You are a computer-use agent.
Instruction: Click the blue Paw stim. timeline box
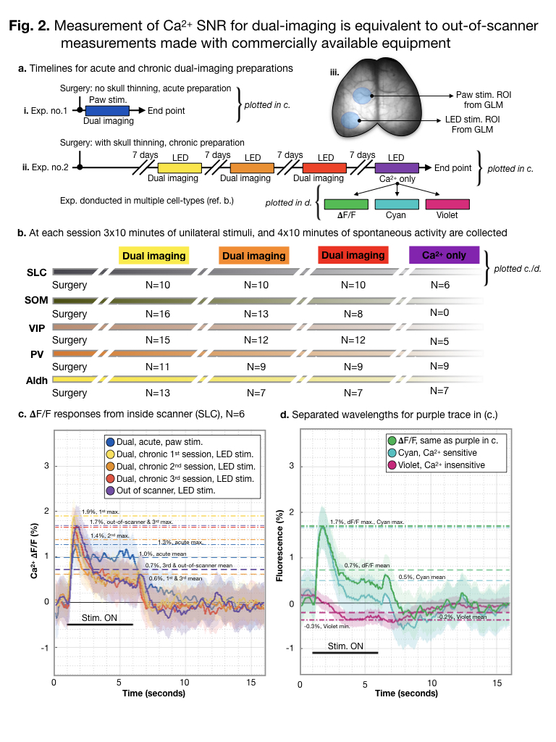click(x=107, y=111)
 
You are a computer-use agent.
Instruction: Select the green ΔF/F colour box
click(x=346, y=205)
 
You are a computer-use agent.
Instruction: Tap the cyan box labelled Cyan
click(x=396, y=205)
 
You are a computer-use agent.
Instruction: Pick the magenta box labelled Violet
click(x=447, y=205)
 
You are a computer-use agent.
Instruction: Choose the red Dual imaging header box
click(x=353, y=256)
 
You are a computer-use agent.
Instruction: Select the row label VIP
click(x=36, y=327)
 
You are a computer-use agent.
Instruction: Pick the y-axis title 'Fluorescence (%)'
click(x=278, y=555)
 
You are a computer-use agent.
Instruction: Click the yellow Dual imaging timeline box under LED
click(x=180, y=167)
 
